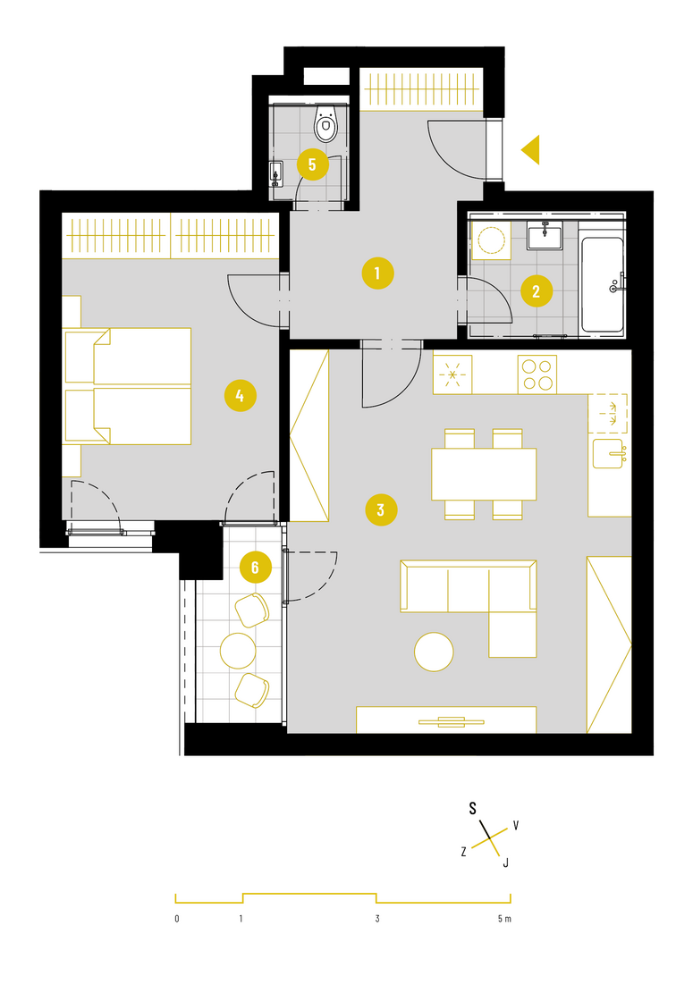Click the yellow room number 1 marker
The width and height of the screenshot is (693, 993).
(x=377, y=273)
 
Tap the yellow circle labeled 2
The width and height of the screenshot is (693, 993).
(x=536, y=291)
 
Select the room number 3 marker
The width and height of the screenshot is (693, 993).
(x=381, y=509)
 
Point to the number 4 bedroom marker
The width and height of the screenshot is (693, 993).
(x=240, y=396)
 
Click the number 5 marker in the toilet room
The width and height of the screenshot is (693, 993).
(x=312, y=164)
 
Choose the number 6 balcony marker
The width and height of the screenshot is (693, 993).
(x=255, y=567)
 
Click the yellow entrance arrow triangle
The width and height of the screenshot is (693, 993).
(x=530, y=150)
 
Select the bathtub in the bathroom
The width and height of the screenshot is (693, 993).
(x=602, y=285)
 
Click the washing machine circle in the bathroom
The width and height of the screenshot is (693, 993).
(x=491, y=240)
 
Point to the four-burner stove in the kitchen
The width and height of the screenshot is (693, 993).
(x=537, y=374)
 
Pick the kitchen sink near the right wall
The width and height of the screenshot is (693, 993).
(x=609, y=453)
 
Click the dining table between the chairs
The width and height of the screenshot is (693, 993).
(x=484, y=475)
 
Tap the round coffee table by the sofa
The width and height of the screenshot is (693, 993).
(x=434, y=652)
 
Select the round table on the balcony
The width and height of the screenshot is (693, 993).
(x=238, y=651)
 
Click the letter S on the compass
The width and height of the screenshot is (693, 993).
(x=472, y=808)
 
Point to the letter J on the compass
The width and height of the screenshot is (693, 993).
(x=505, y=863)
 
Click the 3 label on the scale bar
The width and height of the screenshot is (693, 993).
(x=377, y=919)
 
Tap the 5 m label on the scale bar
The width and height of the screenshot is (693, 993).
(x=504, y=919)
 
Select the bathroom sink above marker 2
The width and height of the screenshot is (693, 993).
(x=545, y=235)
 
